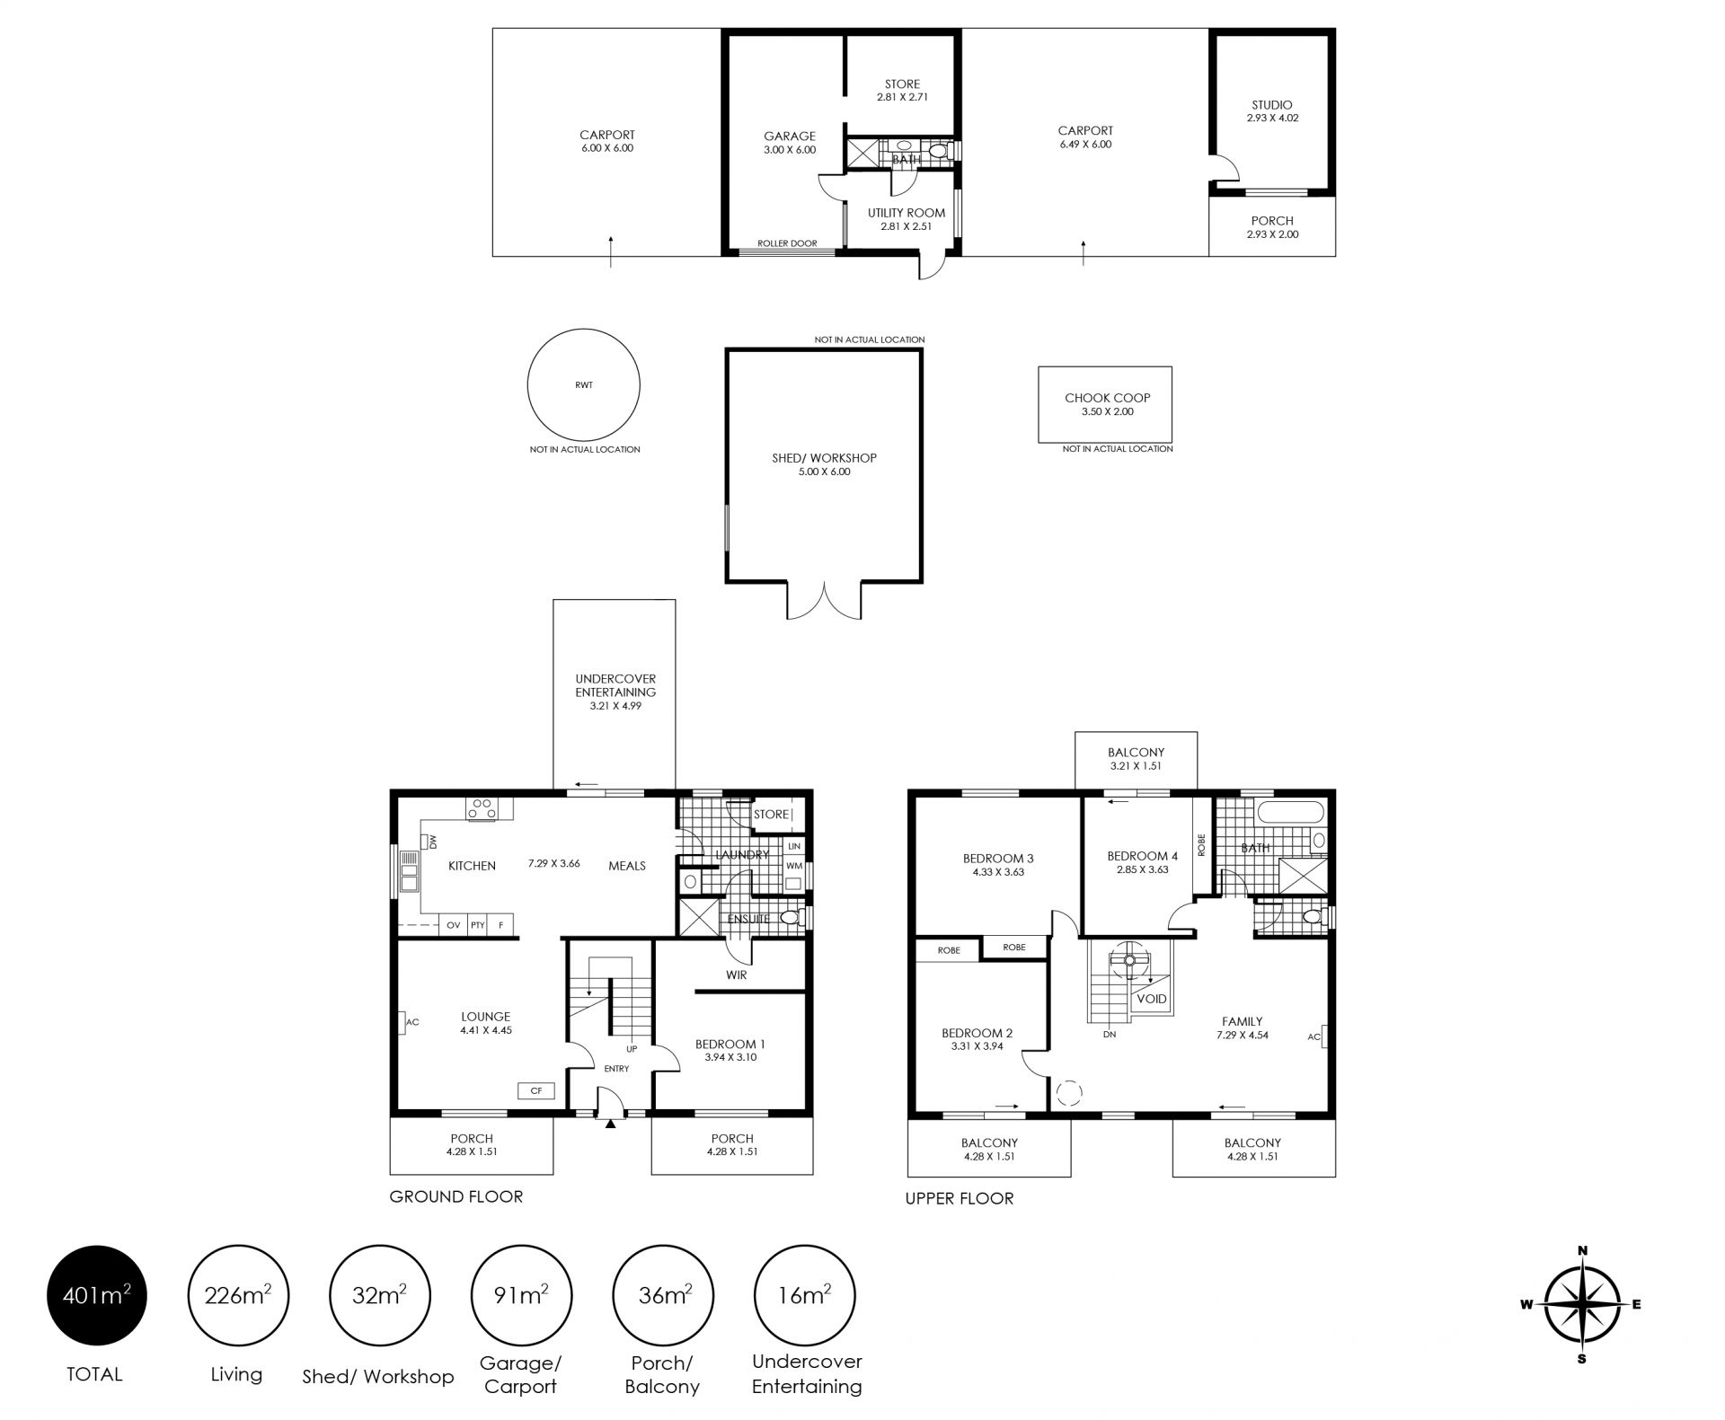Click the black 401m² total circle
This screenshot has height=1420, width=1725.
coord(96,1295)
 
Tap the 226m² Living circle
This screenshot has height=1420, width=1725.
coord(238,1295)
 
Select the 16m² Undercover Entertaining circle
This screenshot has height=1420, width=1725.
coord(805,1295)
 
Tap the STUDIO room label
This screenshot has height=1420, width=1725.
coord(1272,105)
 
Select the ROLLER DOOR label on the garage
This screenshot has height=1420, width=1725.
coord(787,243)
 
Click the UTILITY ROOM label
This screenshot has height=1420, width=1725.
coord(907,213)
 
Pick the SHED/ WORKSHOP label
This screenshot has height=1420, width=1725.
coord(824,458)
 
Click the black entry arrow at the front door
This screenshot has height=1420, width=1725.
coord(611,1123)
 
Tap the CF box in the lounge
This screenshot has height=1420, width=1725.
coord(536,1090)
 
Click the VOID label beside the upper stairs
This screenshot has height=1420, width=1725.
coord(1152,999)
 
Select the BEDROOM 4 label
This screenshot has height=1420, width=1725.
coord(1143,856)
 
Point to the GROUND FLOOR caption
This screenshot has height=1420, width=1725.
coord(456,1196)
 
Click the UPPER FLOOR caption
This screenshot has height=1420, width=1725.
coord(960,1198)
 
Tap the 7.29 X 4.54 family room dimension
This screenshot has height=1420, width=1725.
coord(1243,1035)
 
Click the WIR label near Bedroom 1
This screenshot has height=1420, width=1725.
coord(736,975)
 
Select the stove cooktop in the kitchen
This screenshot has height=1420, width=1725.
coord(482,808)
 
